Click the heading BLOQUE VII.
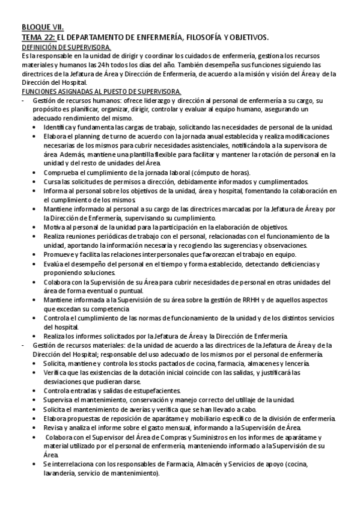pos(43,28)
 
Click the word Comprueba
pos(64,173)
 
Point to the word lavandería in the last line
pos(59,473)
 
